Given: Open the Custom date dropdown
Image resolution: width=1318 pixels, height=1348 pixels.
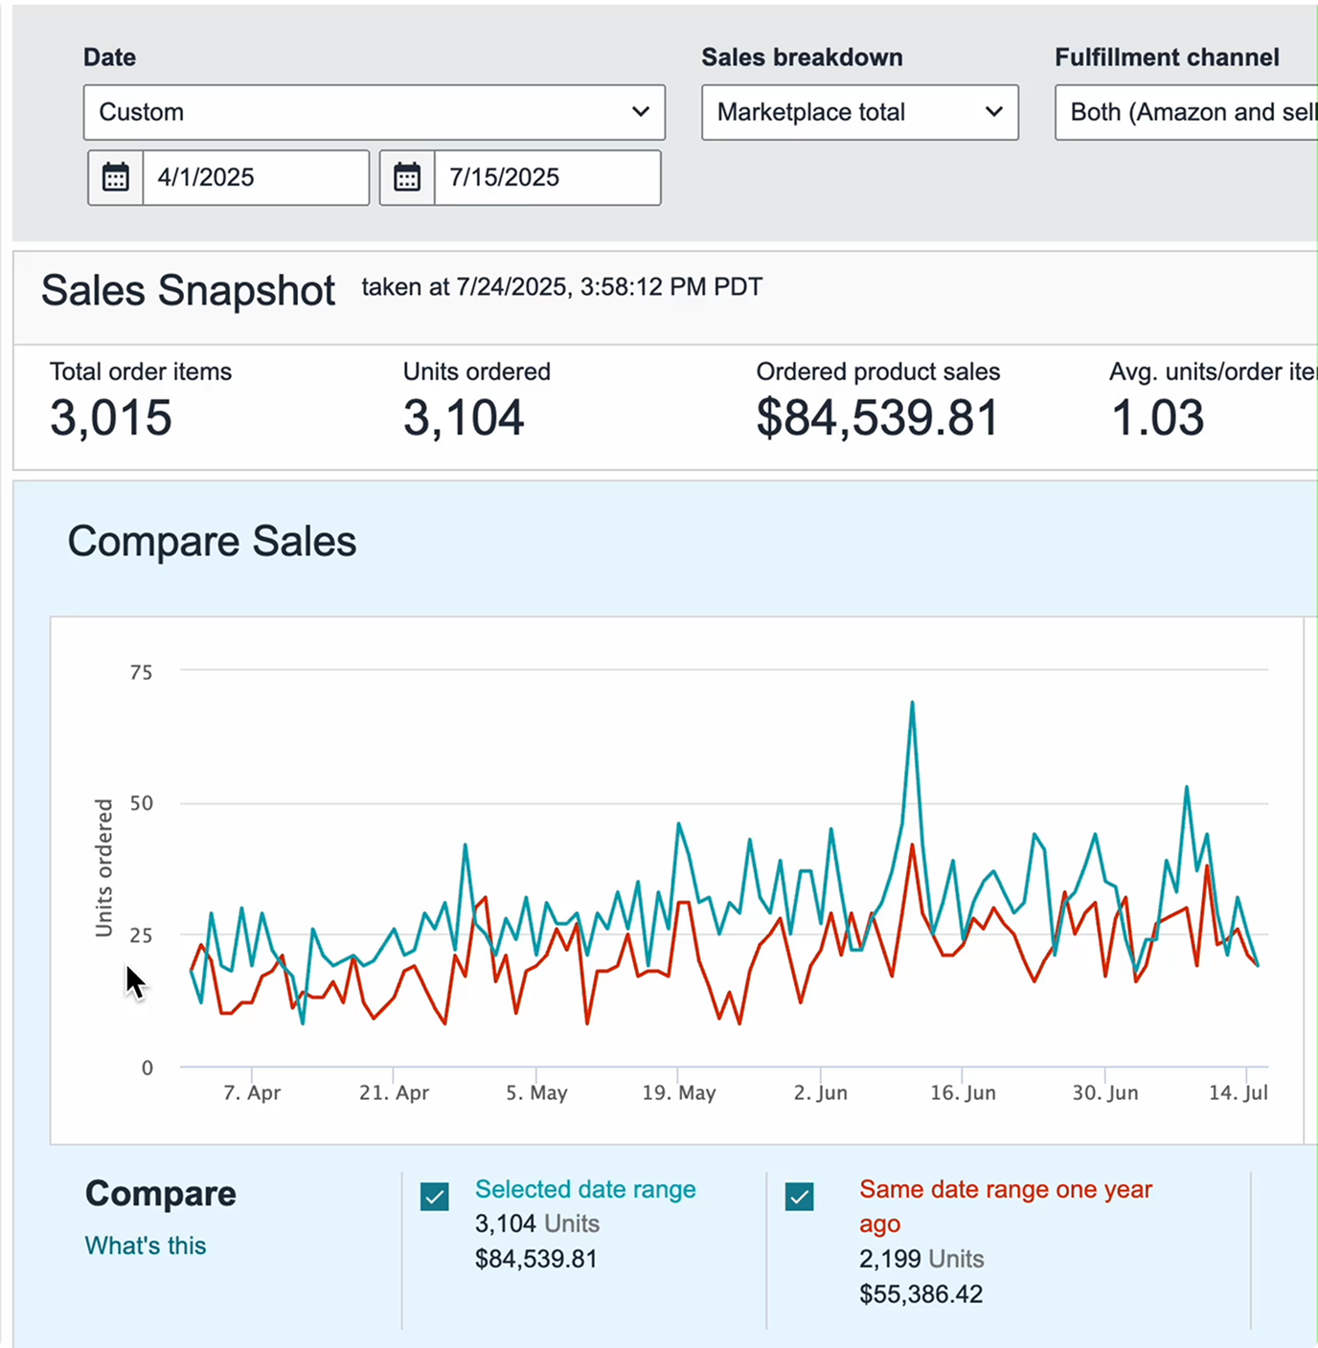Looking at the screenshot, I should tap(374, 112).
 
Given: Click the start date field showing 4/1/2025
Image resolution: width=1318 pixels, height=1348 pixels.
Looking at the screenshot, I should tap(255, 177).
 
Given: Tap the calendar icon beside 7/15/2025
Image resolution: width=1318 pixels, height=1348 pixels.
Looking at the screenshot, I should tap(407, 177).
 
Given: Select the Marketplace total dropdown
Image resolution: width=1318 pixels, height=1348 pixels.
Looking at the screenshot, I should tap(859, 112).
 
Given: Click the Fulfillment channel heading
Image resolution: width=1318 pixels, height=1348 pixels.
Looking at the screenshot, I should tap(1167, 57).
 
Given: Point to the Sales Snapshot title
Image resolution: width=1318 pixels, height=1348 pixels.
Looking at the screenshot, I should tap(188, 290).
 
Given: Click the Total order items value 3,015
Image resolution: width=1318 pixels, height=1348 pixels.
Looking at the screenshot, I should tap(111, 417).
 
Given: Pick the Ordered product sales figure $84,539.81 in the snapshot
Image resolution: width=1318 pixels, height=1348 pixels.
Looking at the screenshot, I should tap(877, 417).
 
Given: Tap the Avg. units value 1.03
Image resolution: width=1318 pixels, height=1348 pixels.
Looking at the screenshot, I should tap(1157, 417).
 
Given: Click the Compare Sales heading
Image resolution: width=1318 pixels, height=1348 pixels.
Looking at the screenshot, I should tap(212, 541).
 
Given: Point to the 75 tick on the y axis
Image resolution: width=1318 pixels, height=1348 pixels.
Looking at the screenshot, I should tap(141, 672).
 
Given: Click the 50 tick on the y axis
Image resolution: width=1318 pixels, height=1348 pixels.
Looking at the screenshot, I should tap(141, 803).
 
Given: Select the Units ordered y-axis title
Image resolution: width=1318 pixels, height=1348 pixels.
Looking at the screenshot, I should tap(103, 867).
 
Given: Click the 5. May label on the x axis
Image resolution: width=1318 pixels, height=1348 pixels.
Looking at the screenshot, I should tap(536, 1092).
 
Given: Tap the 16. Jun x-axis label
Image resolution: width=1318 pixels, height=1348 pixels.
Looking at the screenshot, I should tap(963, 1092).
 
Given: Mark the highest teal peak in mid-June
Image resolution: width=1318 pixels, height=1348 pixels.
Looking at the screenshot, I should tap(912, 703).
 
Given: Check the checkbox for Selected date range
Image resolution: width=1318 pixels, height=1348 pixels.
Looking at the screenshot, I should tap(435, 1197).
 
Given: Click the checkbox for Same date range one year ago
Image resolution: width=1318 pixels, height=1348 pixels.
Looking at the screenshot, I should tap(800, 1197).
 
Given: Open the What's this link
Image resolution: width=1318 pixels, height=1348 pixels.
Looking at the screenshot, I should tap(146, 1246).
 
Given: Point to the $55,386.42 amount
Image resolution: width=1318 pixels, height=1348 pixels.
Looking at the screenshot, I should tap(920, 1294).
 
